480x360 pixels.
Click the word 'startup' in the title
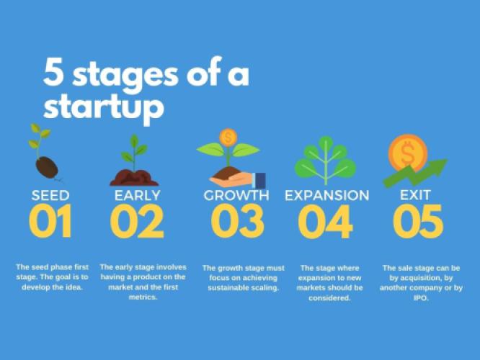104,108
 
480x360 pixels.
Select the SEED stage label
50,195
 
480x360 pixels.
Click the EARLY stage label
138,195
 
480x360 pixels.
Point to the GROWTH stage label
236,195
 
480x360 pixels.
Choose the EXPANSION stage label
327,195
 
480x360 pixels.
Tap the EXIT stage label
415,195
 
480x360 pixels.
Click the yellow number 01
50,221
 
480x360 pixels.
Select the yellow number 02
137,221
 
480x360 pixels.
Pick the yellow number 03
238,221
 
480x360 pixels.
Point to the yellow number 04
326,222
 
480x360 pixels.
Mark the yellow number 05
418,222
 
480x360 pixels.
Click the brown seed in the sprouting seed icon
47,167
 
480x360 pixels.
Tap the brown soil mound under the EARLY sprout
134,178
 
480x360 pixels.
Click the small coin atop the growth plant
228,138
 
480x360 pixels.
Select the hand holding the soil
238,180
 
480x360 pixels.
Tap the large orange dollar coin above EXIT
408,153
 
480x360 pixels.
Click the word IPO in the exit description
421,298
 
